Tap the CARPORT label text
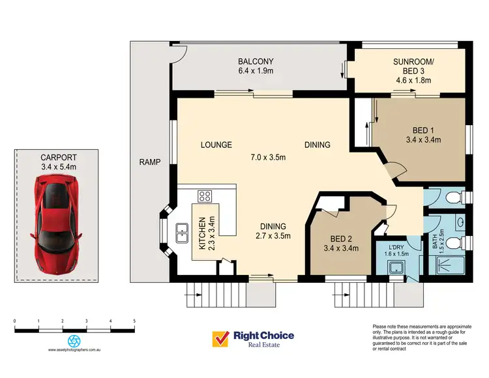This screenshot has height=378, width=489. click(59, 157)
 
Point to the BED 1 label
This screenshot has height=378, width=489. click(423, 129)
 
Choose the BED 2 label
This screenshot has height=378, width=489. click(342, 238)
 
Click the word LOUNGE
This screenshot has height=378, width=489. click(216, 145)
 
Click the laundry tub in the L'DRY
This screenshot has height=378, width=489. click(394, 267)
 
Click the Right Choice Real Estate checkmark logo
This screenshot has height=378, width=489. click(220, 339)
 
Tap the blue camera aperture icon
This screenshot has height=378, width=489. click(74, 341)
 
